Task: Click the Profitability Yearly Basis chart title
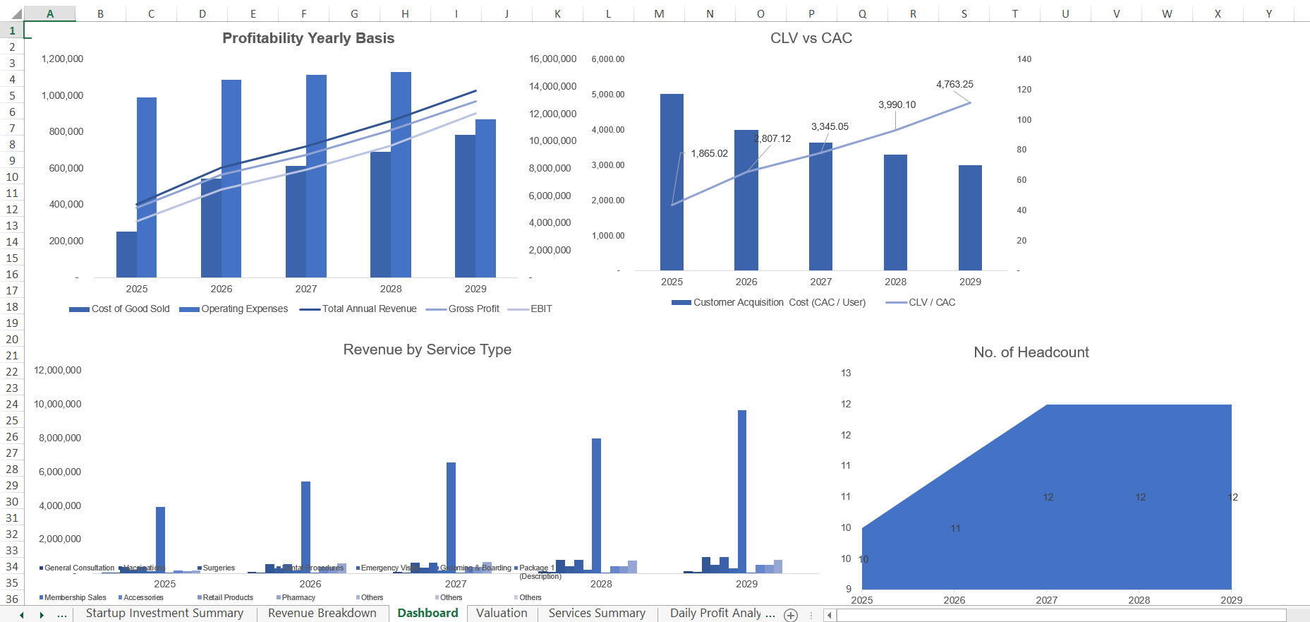(308, 38)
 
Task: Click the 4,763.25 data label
(954, 84)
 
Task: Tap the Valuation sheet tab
(502, 613)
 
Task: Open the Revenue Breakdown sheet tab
(322, 613)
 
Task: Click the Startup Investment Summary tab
(164, 613)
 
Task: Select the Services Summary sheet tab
(597, 613)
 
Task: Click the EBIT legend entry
(541, 309)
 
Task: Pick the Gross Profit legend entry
(473, 309)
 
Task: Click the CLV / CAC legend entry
(931, 302)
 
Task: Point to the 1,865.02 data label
(709, 153)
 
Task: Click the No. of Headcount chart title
(1031, 352)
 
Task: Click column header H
(405, 13)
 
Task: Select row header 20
(12, 339)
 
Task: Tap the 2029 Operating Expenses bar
(485, 198)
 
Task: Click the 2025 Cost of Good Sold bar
(126, 254)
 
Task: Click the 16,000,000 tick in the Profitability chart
(552, 59)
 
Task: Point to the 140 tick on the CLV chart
(1024, 59)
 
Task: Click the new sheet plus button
(791, 615)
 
